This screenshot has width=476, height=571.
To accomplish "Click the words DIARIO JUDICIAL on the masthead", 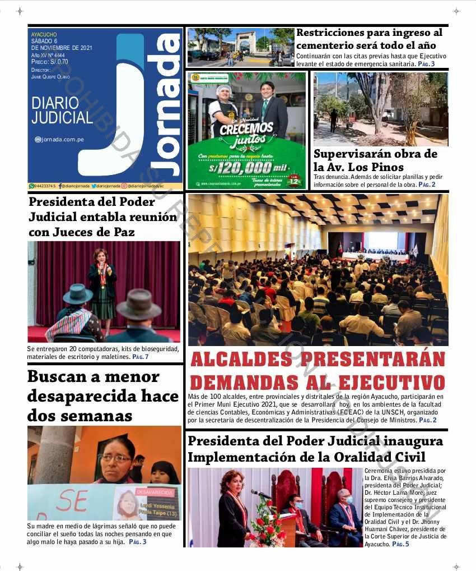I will tap(62, 110).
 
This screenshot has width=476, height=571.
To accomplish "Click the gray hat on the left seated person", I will tap(77, 293).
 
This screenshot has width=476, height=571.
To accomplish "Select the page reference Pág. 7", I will tap(140, 357).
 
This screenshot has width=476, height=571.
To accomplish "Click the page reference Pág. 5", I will tap(400, 544).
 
